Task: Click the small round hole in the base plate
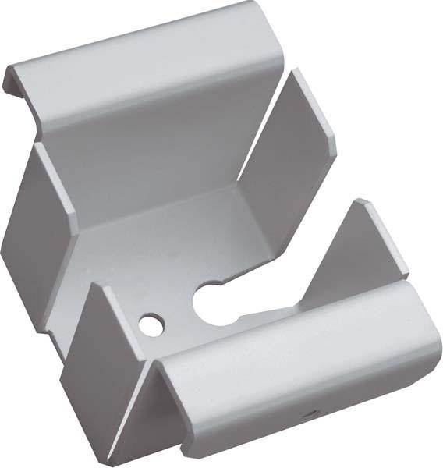pos(151,323)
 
